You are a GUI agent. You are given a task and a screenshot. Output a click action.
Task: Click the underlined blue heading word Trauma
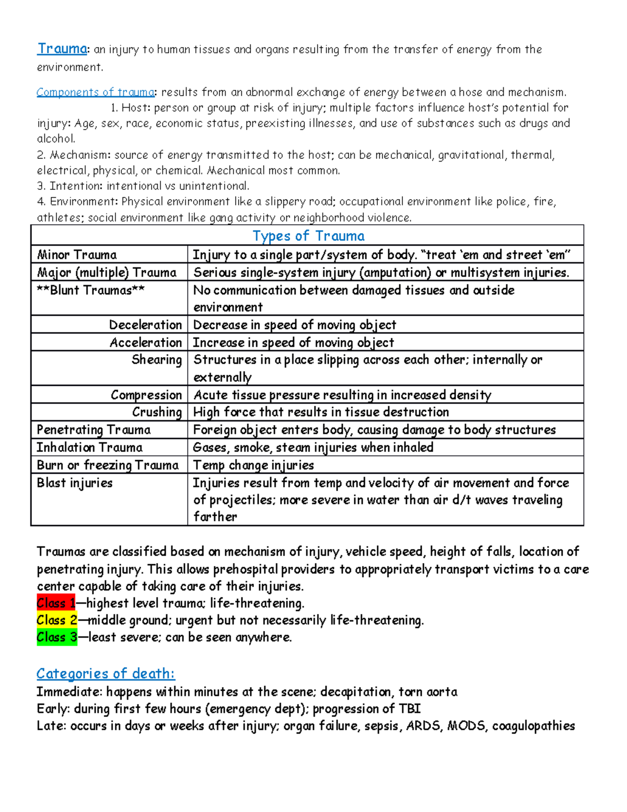(x=62, y=49)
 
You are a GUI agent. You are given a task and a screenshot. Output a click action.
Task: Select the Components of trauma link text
(x=95, y=92)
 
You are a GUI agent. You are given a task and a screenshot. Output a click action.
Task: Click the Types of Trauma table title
(x=308, y=236)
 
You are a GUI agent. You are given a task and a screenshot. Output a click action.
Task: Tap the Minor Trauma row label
(x=77, y=255)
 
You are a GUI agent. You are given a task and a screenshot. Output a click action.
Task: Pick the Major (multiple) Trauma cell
(x=107, y=272)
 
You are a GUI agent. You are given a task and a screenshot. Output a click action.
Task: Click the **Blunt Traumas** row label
(x=90, y=290)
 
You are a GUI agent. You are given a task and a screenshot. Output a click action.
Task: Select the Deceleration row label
(x=145, y=325)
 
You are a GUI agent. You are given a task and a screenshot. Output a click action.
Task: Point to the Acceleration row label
(x=146, y=342)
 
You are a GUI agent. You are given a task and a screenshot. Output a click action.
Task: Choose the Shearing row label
(x=157, y=360)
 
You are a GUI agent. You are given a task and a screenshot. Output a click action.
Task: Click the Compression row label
(x=146, y=395)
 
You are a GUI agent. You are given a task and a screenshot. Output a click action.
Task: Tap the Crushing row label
(x=157, y=412)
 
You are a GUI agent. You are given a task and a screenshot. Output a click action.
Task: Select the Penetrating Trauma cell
(x=94, y=430)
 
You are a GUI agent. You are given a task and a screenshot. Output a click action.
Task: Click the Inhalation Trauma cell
(x=89, y=448)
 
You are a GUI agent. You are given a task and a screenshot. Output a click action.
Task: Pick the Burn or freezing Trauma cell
(x=108, y=465)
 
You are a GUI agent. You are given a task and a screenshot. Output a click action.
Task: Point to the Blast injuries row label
(x=75, y=483)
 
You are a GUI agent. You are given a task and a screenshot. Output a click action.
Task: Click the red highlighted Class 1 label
(x=56, y=603)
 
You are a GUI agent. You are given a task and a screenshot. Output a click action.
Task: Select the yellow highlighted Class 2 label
(x=57, y=620)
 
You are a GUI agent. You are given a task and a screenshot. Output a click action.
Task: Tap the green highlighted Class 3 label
(x=57, y=637)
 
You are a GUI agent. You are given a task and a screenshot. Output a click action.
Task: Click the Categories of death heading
(x=106, y=673)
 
